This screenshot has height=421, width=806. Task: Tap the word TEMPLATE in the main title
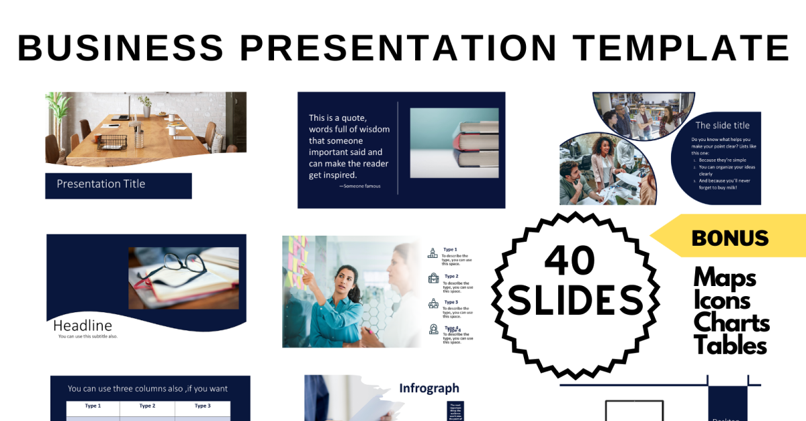[681, 47]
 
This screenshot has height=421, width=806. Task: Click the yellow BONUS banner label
[729, 237]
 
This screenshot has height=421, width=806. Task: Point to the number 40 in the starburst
[570, 260]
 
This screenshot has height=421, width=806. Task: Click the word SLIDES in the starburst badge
[574, 300]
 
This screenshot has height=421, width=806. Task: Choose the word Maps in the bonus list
[725, 277]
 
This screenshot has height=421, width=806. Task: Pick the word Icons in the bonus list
[722, 300]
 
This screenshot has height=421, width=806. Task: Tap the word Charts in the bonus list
[731, 323]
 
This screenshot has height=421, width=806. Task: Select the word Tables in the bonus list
[730, 345]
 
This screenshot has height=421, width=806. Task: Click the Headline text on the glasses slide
[83, 326]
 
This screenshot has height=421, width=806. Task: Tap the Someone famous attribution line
[360, 186]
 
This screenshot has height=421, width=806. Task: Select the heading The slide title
[722, 126]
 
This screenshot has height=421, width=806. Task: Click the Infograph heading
[429, 388]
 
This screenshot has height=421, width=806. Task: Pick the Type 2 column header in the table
[147, 406]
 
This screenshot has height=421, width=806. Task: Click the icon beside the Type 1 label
[433, 253]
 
